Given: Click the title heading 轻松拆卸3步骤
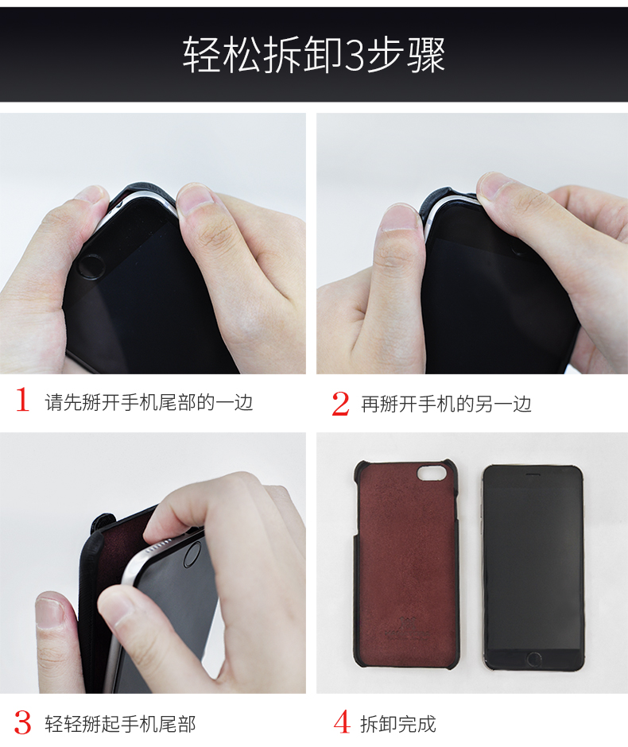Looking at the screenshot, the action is coord(313,55).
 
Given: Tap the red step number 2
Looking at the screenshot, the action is coord(340,404).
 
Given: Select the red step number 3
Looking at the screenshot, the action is coord(22,722).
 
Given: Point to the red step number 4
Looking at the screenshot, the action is coord(341,722).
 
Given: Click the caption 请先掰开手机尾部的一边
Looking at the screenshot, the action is coord(149,403).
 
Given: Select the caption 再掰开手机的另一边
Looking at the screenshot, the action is coord(446,404).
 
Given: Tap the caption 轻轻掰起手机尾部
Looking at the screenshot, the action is coord(120,724).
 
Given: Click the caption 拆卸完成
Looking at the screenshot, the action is coord(397,724).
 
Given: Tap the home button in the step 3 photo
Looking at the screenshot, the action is coord(193,554).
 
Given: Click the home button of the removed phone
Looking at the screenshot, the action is coord(533,660).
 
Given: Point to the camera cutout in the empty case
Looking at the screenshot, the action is coord(432,473).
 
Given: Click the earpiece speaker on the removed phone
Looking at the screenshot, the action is coord(533,474).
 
